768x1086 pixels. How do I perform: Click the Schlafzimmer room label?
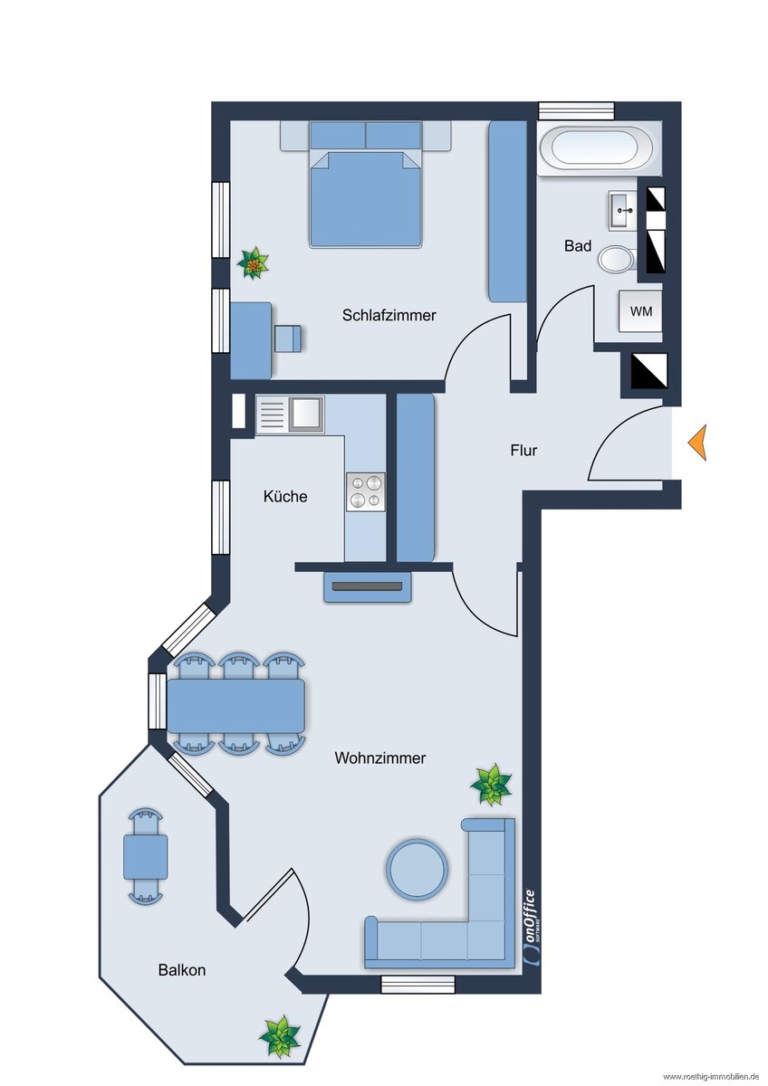[x=389, y=316]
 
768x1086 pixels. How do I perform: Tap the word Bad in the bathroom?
[x=578, y=246]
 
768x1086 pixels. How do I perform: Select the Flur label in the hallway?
[x=524, y=451]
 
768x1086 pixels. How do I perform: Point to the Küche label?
[x=285, y=496]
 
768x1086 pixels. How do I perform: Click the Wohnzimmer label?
[x=380, y=757]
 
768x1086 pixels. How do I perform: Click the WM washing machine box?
[x=640, y=311]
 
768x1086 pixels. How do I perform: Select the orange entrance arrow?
[x=697, y=443]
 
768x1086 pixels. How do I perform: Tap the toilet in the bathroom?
[x=617, y=260]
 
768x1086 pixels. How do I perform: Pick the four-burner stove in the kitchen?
[x=366, y=491]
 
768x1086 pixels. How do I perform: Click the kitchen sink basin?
[x=305, y=414]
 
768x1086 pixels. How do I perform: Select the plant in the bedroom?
[x=253, y=263]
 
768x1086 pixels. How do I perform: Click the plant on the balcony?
[x=280, y=1036]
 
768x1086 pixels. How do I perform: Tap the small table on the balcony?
[x=146, y=857]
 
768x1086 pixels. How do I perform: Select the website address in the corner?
[x=710, y=1077]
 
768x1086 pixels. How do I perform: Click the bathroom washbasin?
[x=622, y=210]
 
